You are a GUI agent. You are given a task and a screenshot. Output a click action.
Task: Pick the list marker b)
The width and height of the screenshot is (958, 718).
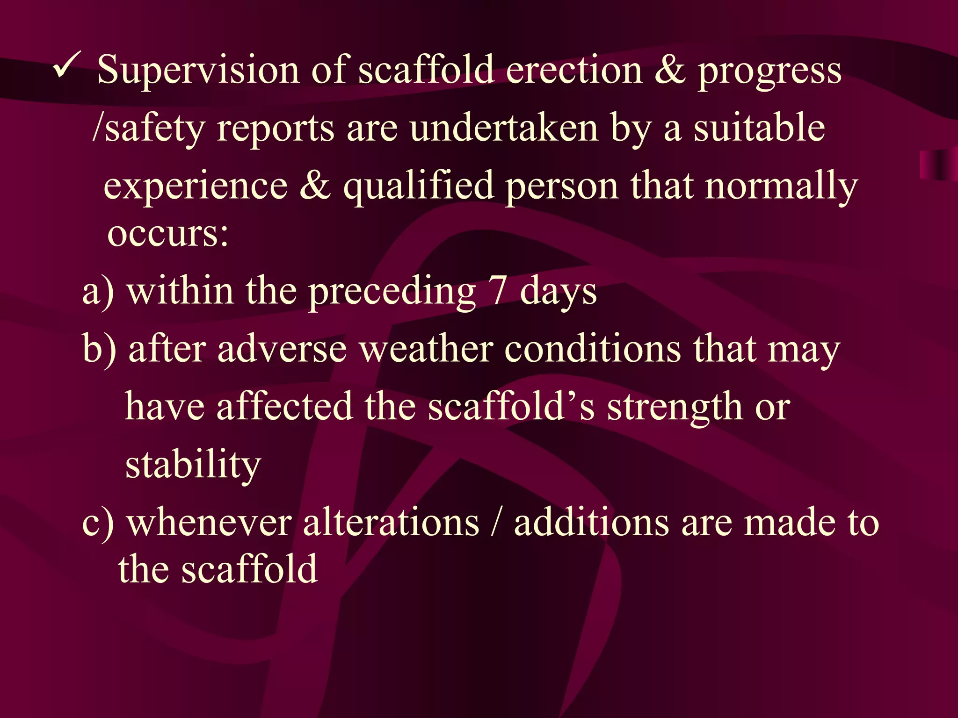click(99, 349)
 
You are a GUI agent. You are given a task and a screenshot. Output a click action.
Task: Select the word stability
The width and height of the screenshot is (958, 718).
click(193, 465)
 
